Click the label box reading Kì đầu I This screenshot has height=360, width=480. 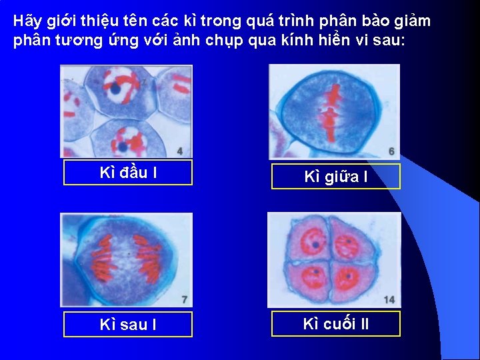(127, 173)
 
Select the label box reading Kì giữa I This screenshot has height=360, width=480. (335, 177)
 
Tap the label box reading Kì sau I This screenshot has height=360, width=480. (127, 325)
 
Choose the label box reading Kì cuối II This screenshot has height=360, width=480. (335, 324)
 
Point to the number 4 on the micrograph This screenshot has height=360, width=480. (180, 151)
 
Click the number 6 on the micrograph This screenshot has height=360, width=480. (391, 151)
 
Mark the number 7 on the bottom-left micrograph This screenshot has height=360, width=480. (184, 300)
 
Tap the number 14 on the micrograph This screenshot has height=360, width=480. (389, 300)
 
